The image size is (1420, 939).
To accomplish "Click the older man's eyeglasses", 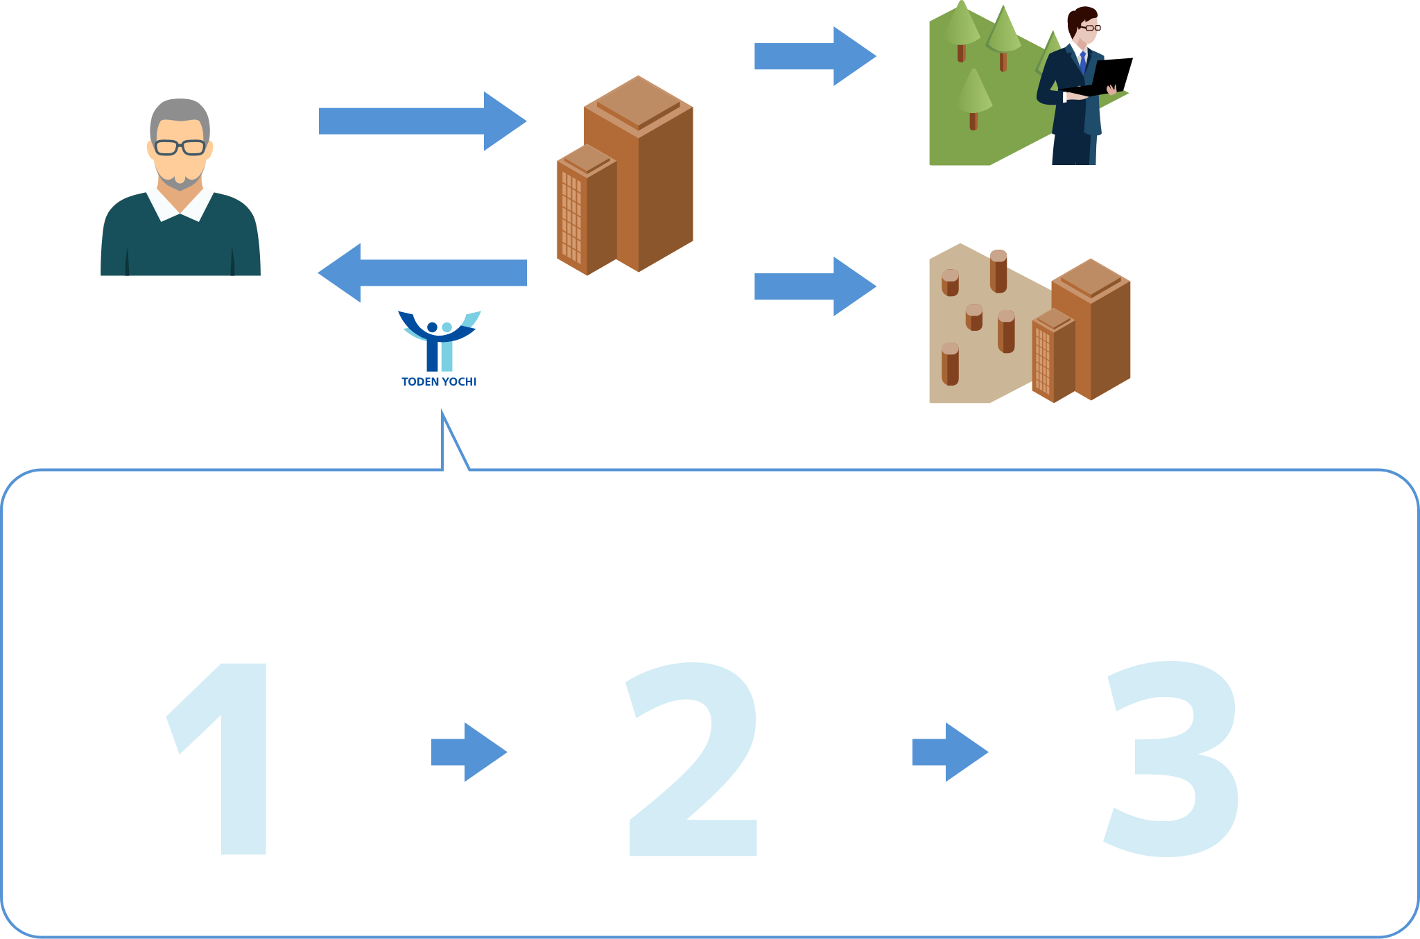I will coord(180,147).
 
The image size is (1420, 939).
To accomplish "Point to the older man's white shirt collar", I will coord(180,203).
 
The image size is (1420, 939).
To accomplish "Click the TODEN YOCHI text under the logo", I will coord(439,381).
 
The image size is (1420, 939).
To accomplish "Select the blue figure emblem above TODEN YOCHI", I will coord(439,340).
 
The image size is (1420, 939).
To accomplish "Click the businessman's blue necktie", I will coord(1082,62).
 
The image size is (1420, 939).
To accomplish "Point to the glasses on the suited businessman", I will coord(1089,28).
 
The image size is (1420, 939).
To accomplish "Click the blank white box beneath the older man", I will coord(191,319).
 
